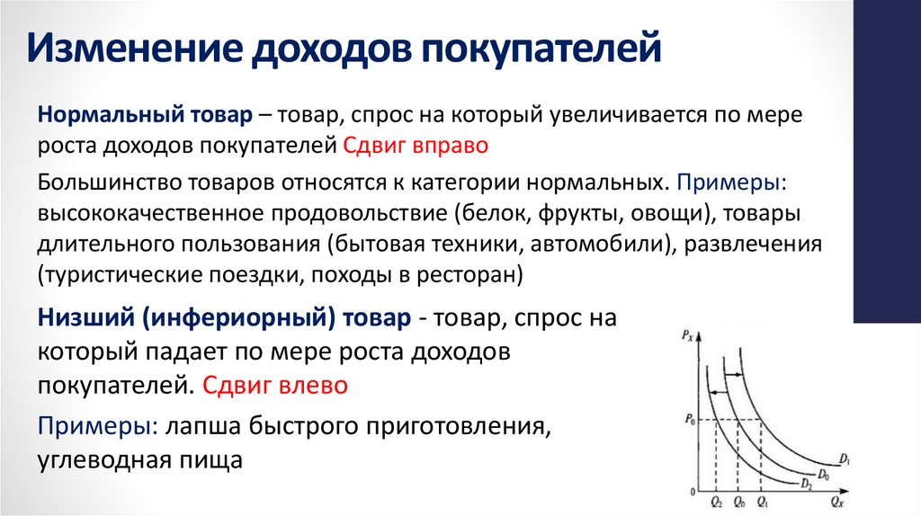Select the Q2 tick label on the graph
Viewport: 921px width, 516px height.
(x=716, y=502)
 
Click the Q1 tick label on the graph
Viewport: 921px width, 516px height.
(x=763, y=502)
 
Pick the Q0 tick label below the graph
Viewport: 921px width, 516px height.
(x=739, y=502)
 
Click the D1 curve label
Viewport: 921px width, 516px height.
(x=845, y=460)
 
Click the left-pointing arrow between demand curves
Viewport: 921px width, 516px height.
(x=719, y=391)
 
